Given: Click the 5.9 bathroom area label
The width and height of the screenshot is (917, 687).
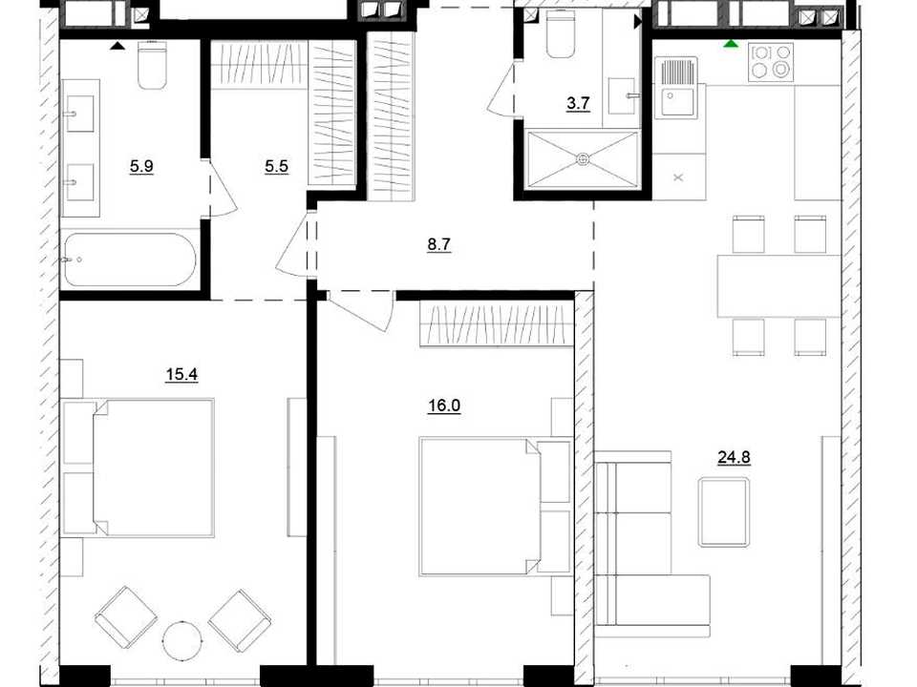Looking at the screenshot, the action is (141, 166).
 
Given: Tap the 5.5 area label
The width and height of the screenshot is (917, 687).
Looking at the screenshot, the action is (276, 166).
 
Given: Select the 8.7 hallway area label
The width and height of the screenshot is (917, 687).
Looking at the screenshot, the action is (438, 245).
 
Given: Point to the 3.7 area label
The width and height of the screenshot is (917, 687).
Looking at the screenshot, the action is (578, 104).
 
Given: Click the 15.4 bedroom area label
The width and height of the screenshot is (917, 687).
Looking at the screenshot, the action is (181, 374).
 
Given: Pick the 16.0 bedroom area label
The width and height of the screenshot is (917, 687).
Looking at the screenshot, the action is (444, 406).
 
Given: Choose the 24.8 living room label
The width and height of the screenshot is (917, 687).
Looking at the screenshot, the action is (734, 457).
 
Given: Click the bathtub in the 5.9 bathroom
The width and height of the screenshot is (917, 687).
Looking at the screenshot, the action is (130, 260).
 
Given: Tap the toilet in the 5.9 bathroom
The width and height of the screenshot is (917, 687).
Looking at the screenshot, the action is (152, 64).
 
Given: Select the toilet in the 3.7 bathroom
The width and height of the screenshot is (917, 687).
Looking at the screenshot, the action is (561, 35).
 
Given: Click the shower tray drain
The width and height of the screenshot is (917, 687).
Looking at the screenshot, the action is (582, 158).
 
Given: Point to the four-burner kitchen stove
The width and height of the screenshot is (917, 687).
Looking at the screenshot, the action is (771, 62).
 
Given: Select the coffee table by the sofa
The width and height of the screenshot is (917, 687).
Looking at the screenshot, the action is (724, 512).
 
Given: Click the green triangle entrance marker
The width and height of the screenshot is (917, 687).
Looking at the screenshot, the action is (730, 44).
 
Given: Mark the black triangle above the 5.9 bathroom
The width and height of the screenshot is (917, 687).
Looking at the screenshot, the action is (117, 46).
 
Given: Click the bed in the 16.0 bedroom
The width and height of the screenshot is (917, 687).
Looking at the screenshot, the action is (495, 506).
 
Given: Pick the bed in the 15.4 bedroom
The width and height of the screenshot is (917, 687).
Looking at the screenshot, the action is (138, 468).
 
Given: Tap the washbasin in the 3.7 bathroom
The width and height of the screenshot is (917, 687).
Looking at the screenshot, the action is (622, 95).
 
